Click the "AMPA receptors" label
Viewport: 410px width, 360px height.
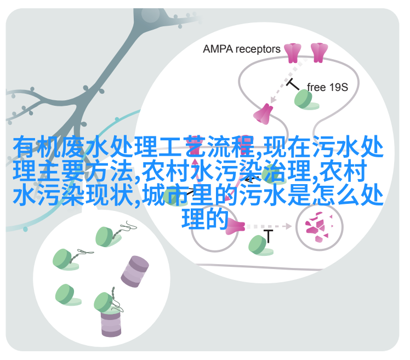241,49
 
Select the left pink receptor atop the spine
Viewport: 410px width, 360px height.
293,53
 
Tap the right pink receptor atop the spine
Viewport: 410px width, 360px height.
319,53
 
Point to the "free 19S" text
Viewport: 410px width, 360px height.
327,87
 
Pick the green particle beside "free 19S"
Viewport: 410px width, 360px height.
306,100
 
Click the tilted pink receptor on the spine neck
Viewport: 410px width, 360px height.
263,114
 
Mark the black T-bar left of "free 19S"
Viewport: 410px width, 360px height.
293,84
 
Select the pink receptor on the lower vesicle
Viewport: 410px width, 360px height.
234,226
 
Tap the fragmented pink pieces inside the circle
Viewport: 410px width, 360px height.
319,227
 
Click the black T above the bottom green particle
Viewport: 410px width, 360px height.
268,236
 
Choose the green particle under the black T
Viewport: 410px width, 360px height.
260,245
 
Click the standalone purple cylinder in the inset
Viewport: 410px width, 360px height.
135,271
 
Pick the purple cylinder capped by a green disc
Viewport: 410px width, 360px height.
111,323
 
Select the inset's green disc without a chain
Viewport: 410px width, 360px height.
68,295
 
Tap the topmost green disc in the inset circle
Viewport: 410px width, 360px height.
108,237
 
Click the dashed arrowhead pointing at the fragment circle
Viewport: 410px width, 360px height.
289,226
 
